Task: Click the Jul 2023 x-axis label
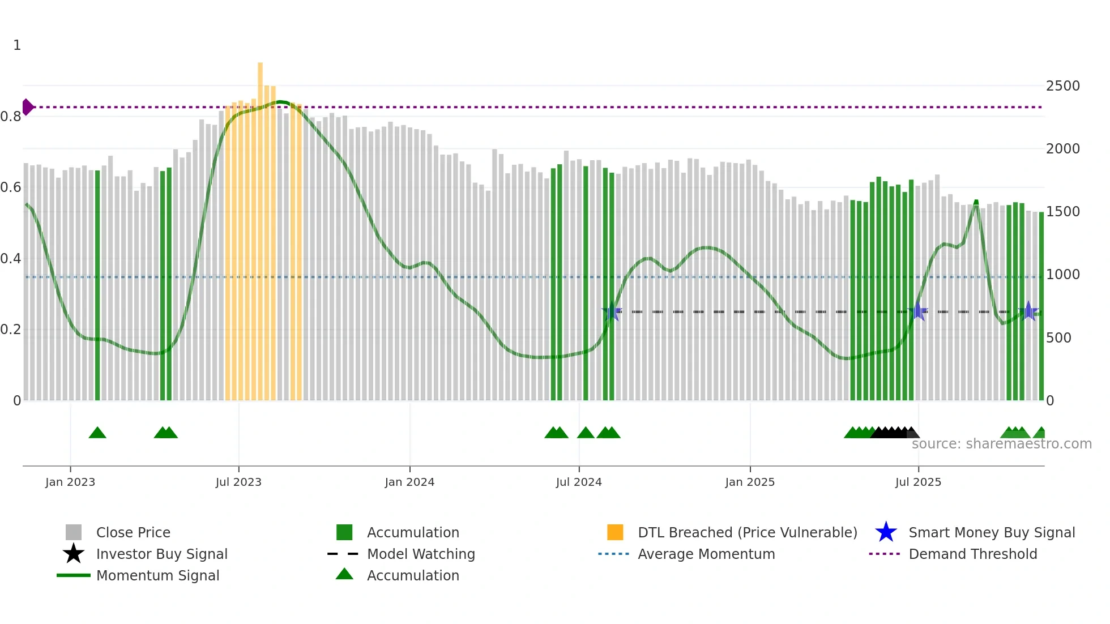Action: [238, 482]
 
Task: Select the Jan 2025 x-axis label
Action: [750, 482]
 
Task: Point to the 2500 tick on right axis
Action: [1062, 86]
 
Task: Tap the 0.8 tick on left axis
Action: [11, 117]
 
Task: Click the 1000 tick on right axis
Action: [1062, 275]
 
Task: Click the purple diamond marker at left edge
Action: [27, 107]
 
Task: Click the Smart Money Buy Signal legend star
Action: [886, 532]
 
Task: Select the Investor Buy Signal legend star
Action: [74, 554]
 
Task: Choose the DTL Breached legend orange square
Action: [615, 532]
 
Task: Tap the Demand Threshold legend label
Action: [972, 554]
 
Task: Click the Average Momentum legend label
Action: [706, 554]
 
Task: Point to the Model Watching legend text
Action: [421, 554]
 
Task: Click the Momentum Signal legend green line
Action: [74, 575]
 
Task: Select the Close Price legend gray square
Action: [74, 532]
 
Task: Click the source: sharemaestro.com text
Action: [1001, 444]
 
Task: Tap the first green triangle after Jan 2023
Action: [97, 433]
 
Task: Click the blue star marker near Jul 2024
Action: [612, 311]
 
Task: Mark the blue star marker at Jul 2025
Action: [918, 311]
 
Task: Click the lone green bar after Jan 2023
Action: [97, 283]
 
